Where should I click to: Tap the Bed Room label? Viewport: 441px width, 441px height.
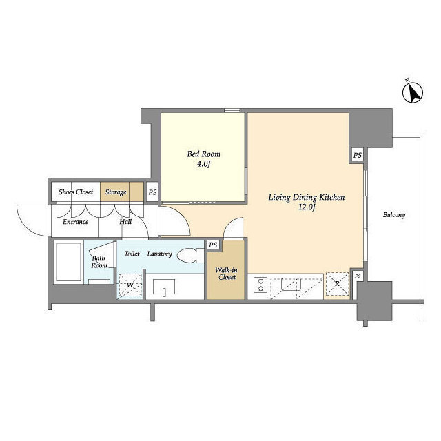(204, 154)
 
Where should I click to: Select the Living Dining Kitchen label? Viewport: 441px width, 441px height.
(307, 198)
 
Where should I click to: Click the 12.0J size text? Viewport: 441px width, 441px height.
(307, 207)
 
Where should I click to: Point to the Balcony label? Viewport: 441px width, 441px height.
(394, 215)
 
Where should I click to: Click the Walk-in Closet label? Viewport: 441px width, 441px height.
(227, 274)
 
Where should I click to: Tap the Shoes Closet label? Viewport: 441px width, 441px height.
(76, 192)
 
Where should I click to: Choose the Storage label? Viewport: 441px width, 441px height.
(116, 192)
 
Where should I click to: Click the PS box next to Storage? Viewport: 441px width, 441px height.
(152, 192)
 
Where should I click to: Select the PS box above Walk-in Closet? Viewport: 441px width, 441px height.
(213, 245)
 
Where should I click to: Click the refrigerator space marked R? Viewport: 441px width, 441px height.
(337, 284)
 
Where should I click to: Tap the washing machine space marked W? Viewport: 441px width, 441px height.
(130, 285)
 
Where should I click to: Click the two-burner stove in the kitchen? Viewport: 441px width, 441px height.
(260, 285)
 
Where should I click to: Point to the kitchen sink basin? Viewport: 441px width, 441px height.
(291, 284)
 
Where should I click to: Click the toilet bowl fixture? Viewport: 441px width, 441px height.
(191, 256)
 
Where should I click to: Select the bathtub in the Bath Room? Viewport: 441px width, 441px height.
(68, 262)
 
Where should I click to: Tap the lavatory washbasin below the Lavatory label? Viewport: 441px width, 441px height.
(164, 287)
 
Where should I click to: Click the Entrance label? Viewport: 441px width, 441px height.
(75, 222)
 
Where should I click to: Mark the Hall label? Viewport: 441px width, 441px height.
(125, 222)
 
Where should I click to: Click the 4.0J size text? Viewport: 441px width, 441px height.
(203, 164)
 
